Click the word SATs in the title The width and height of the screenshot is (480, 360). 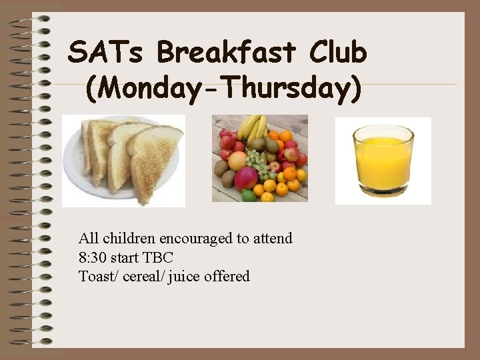click(107, 52)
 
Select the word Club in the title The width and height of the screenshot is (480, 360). click(338, 52)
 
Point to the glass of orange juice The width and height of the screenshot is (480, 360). click(383, 161)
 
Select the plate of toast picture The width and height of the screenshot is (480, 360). click(123, 161)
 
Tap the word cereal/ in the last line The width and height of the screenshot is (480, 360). click(145, 276)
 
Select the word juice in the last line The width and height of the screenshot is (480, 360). click(183, 276)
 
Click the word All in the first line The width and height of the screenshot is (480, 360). click(87, 239)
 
